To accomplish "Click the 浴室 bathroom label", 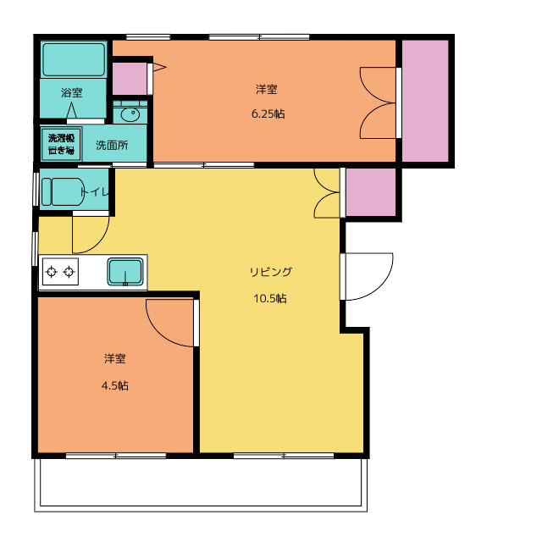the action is point(71,92).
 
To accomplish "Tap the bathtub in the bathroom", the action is point(74,59).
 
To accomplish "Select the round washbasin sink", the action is point(130,114).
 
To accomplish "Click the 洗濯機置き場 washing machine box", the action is point(61,145).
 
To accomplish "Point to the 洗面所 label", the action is point(112,145).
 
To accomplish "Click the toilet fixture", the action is point(63,192).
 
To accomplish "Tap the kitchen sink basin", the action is point(125,272).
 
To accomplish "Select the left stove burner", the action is point(51,272).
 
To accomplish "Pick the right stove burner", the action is point(69,272).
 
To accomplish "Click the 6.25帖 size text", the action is point(268,113).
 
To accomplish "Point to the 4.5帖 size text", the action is point(115,385).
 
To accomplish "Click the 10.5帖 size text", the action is point(270,298).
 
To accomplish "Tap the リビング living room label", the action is point(271,272).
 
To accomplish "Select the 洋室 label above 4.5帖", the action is point(115,358).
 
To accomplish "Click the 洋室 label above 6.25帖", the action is point(267,89).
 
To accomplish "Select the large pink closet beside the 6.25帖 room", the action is point(425,101).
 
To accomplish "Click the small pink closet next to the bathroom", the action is point(130,79).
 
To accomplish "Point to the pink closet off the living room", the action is point(371,192).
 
